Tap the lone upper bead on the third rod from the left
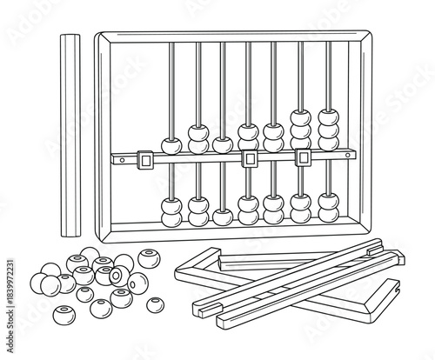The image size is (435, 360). pos(224,143)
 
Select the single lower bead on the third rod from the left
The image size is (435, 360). pos(224,214)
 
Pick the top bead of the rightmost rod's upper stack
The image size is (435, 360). pos(328,116)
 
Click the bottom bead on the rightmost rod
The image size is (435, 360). pos(328,214)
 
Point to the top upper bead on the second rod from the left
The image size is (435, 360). pos(198,132)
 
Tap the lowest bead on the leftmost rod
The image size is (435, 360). pos(172,218)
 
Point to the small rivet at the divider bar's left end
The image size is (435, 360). pos(116,159)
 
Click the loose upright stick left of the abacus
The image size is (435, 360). pos(69,135)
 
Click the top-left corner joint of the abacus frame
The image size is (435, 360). pos(100,37)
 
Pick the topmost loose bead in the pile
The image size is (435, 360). pos(90,255)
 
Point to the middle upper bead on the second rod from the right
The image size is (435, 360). pos(301,129)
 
